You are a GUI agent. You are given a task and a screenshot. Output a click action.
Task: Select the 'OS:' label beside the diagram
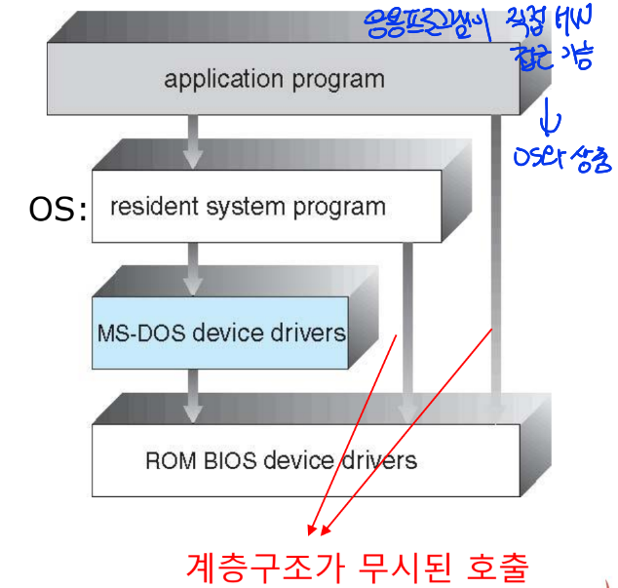click(x=57, y=209)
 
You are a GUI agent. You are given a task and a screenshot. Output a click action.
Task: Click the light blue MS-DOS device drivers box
click(x=220, y=333)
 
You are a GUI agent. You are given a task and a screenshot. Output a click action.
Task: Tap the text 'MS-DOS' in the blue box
click(x=139, y=333)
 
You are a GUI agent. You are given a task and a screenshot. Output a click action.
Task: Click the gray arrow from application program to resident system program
click(x=194, y=142)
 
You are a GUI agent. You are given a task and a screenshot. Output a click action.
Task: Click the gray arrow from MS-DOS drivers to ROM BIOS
click(x=194, y=396)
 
